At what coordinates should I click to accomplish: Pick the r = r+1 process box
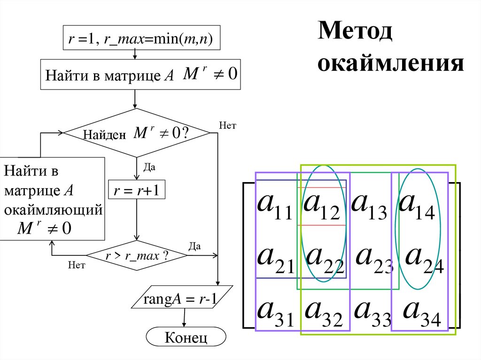[137, 191]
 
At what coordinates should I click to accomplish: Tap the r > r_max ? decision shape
[137, 256]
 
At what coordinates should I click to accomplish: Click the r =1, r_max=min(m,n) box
[141, 39]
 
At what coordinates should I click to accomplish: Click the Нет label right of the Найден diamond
[227, 125]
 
